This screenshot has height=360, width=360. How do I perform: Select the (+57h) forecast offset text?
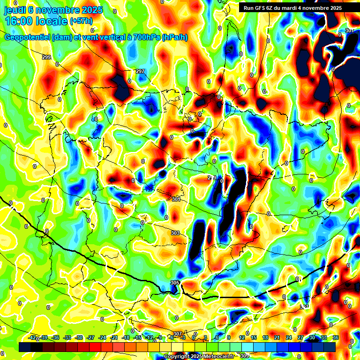[81, 21]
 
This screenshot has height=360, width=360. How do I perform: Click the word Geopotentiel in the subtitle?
[27, 37]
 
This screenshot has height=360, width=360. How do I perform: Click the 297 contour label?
[140, 71]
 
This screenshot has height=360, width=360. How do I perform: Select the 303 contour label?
[175, 233]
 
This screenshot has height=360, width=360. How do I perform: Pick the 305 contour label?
[175, 283]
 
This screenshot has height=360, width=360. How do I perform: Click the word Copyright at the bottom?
[176, 357]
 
